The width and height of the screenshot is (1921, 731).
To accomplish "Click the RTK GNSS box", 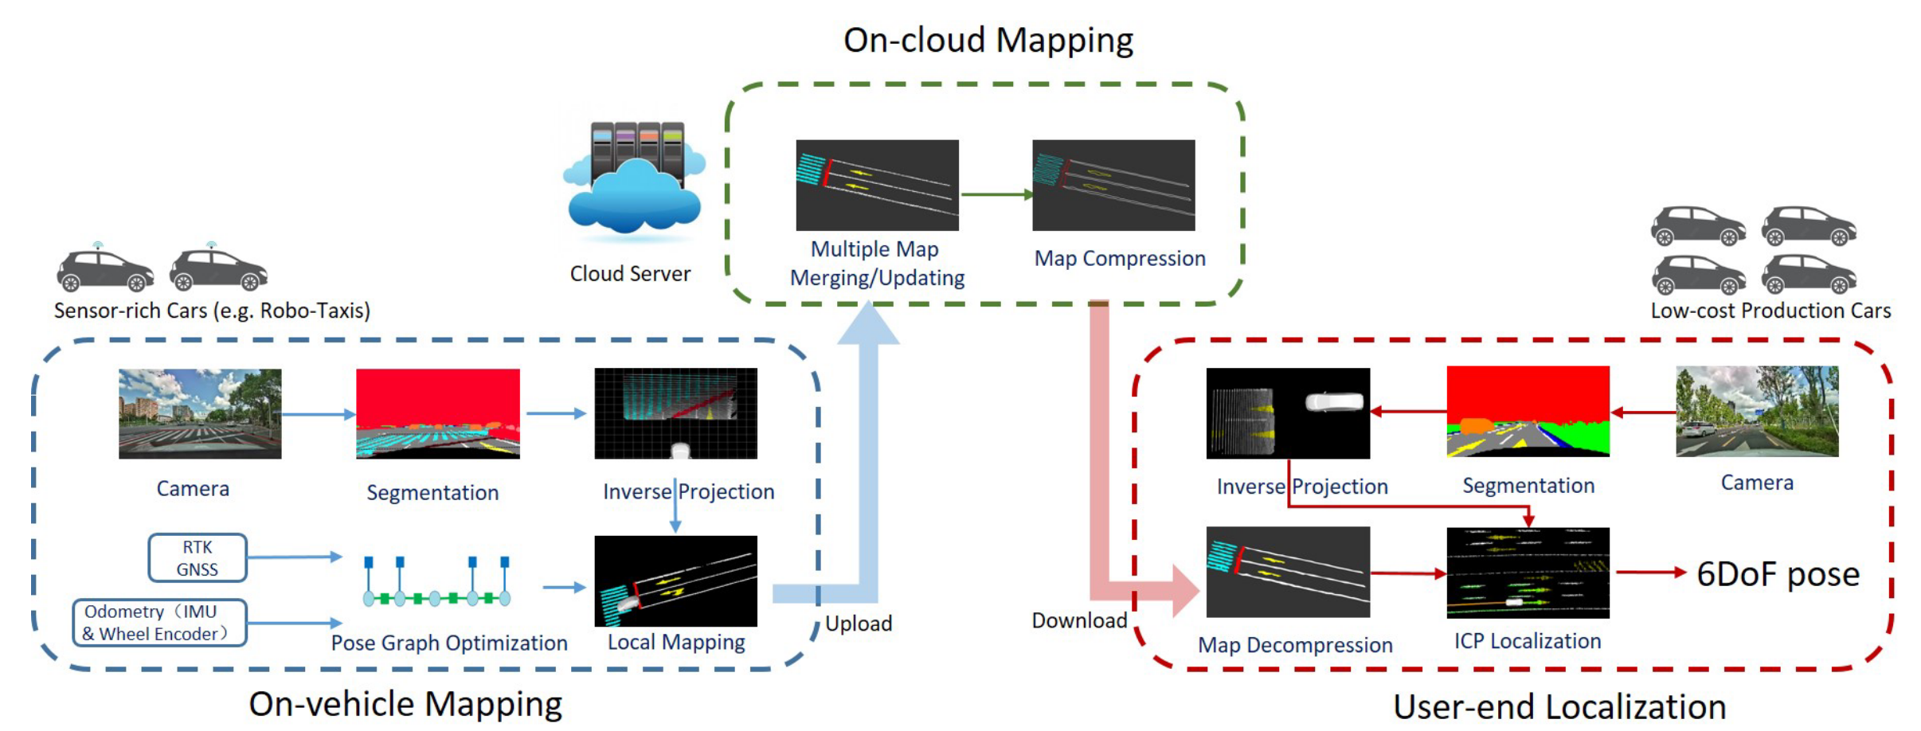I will pos(197,558).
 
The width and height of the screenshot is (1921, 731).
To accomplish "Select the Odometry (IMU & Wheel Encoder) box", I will pos(159,623).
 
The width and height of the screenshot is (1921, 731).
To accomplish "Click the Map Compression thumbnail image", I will pos(1113,186).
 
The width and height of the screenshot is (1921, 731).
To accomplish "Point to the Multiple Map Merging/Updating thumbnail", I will pos(877,186).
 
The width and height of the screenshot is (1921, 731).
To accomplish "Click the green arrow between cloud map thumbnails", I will pos(996,193).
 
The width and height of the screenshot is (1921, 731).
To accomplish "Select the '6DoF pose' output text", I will pos(1778,573).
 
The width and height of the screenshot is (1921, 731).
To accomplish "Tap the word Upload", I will pos(858,623).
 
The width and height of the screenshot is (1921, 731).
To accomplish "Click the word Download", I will pos(1079,620).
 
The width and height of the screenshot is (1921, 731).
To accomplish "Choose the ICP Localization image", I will pos(1528,573).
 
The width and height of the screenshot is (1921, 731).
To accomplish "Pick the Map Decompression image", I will pos(1288,572).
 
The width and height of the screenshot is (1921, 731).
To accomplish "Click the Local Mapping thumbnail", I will pos(675,581).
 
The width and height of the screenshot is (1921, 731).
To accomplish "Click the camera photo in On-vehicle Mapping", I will pos(200,413).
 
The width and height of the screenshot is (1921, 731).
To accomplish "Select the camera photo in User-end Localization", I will pos(1757,411).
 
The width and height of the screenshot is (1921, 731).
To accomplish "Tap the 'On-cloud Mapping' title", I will pos(988,40).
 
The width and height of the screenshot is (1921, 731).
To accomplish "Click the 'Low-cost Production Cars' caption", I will pos(1770,311).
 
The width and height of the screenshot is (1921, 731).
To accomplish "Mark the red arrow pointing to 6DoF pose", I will pos(1650,572).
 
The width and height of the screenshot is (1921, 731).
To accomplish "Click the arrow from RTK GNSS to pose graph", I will pos(294,557).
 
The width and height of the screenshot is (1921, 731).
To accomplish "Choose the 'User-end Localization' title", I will pos(1559,706).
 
